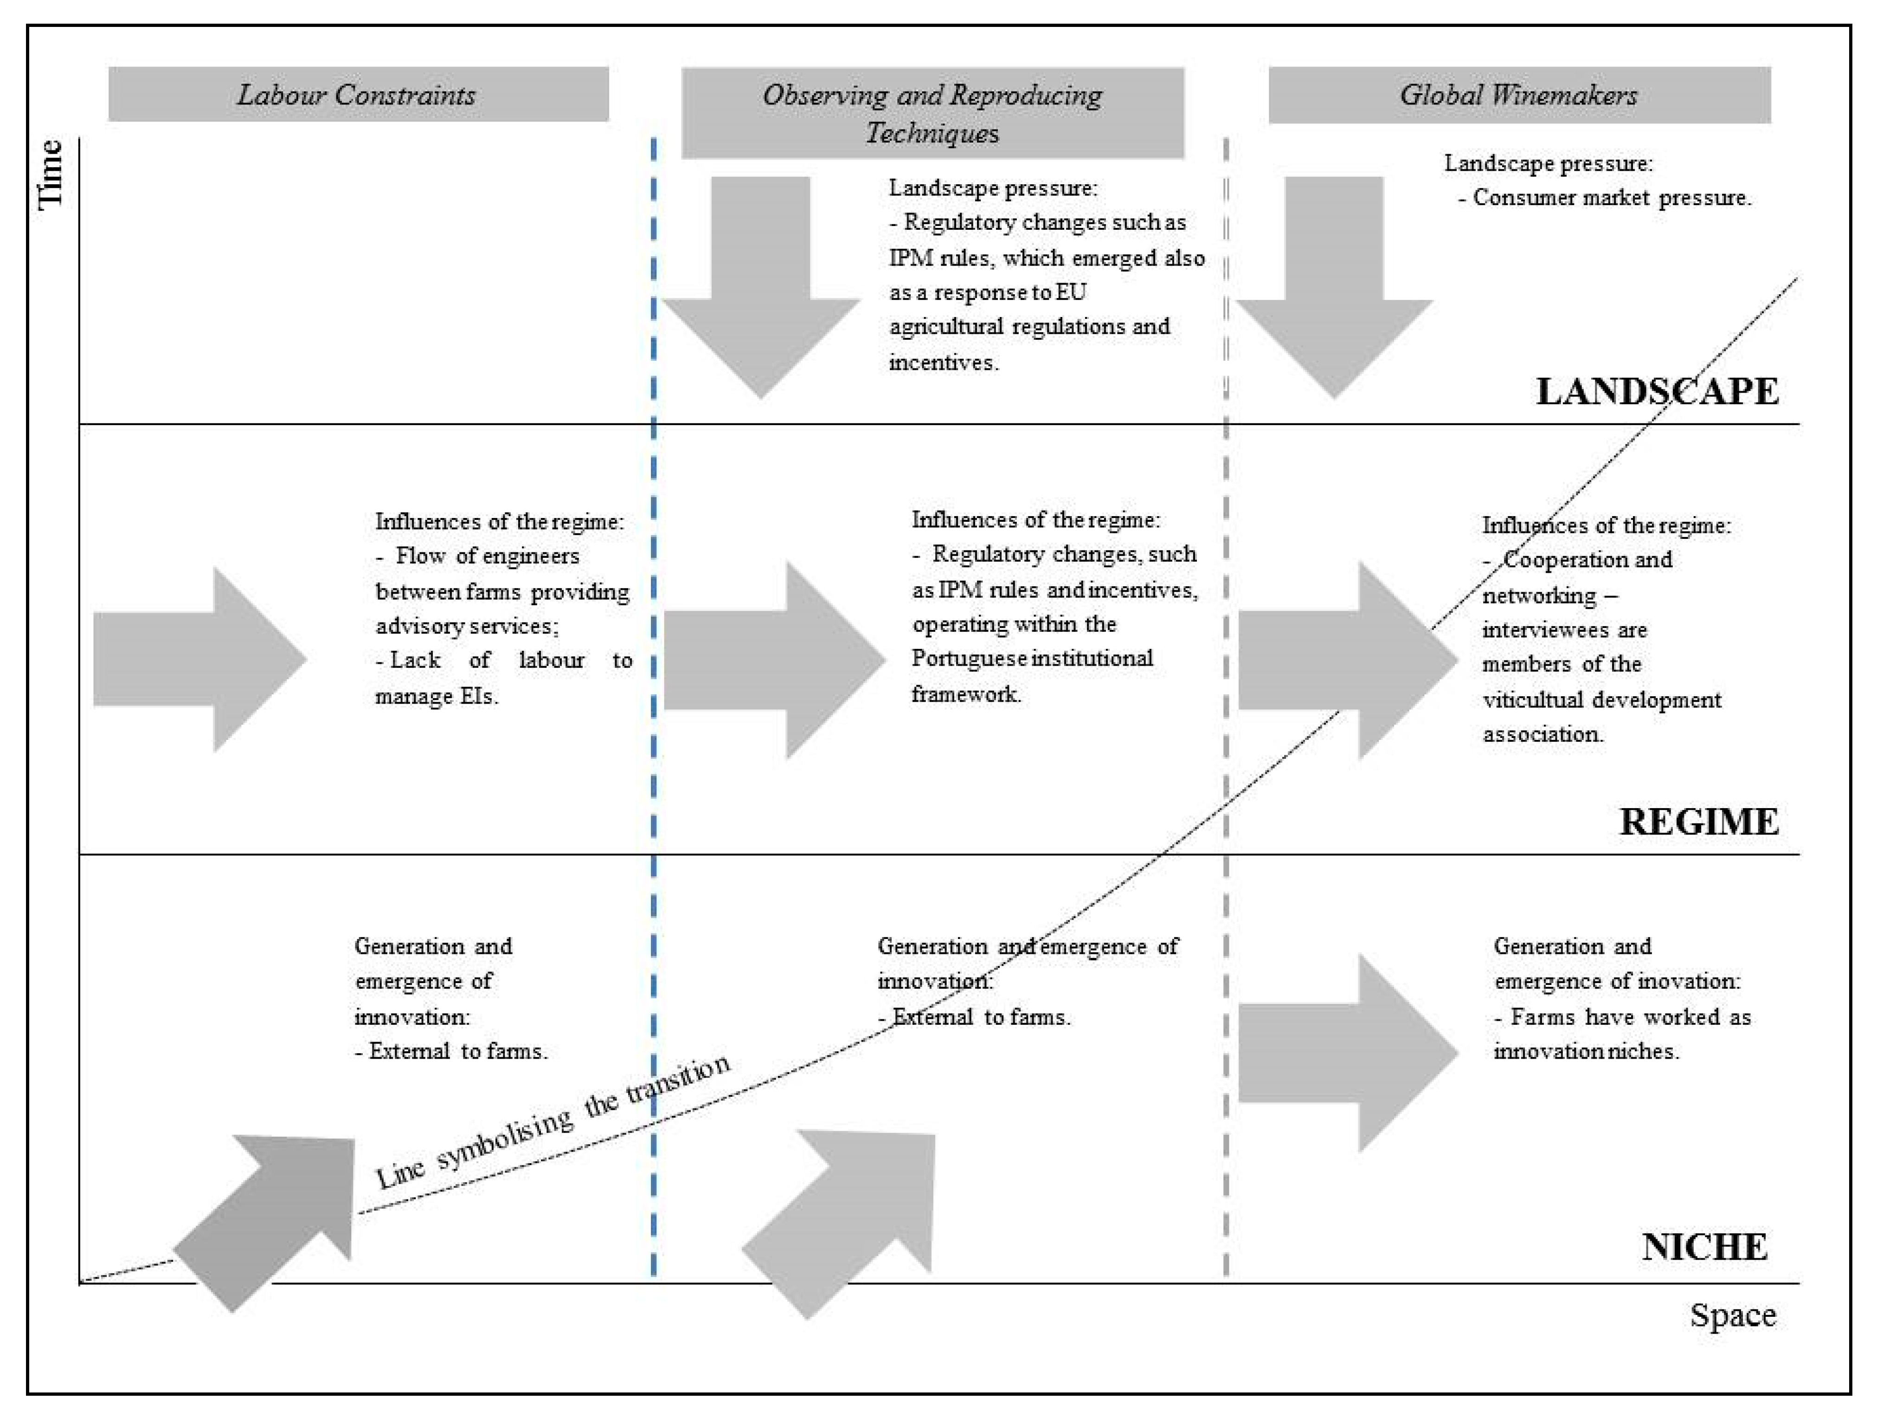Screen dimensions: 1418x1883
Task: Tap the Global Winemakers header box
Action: coord(1519,95)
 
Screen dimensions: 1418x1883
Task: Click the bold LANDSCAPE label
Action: coord(1657,391)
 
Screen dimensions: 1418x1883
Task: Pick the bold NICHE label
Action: coord(1704,1247)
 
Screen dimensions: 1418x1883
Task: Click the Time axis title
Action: coord(51,173)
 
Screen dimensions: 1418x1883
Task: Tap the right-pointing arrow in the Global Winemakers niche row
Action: coord(1348,1054)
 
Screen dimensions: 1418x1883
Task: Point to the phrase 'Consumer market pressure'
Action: coord(1612,198)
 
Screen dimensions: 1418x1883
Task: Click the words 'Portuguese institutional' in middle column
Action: coord(1032,658)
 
